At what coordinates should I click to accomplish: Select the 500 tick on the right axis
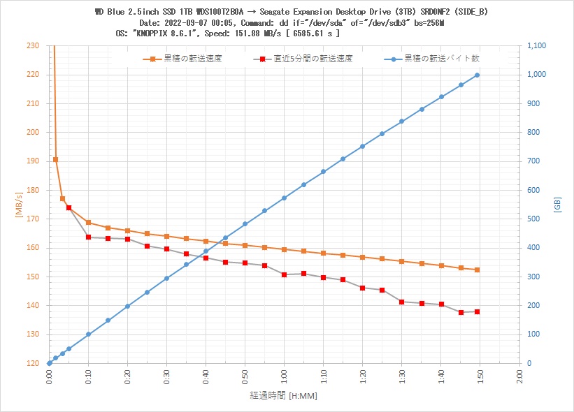[x=532, y=219]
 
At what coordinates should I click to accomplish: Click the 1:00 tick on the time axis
[x=284, y=376]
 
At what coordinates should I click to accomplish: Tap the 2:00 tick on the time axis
[x=518, y=376]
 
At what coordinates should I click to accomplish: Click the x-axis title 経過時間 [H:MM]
[x=282, y=396]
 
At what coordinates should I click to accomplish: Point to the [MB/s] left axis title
[x=19, y=205]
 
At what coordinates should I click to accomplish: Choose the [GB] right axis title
[x=557, y=205]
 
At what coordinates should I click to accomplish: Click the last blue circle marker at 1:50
[x=478, y=75]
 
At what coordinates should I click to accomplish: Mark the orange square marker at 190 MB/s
[x=56, y=160]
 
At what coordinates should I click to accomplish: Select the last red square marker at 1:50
[x=478, y=311]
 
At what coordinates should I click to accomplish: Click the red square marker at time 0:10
[x=89, y=237]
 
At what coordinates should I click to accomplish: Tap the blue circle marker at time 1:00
[x=284, y=198]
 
